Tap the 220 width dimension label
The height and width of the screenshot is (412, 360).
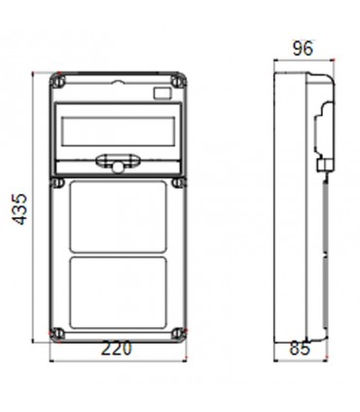[116, 347]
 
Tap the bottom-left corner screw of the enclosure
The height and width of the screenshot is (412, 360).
[59, 331]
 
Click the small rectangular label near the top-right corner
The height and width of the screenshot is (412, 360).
[162, 93]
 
